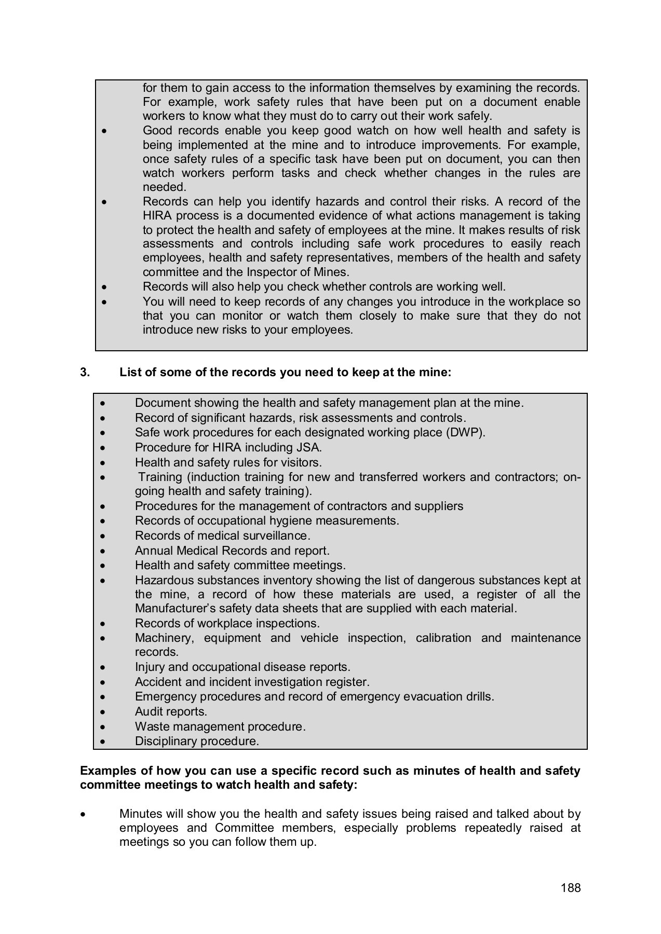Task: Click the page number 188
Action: pos(570,888)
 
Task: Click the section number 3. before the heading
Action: pos(85,372)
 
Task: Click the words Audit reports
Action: pos(171,711)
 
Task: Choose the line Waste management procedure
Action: pos(220,726)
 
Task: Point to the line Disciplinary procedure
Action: pos(197,741)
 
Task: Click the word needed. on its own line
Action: pos(164,187)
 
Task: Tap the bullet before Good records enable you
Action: pos(105,131)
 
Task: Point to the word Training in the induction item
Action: pos(160,477)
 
